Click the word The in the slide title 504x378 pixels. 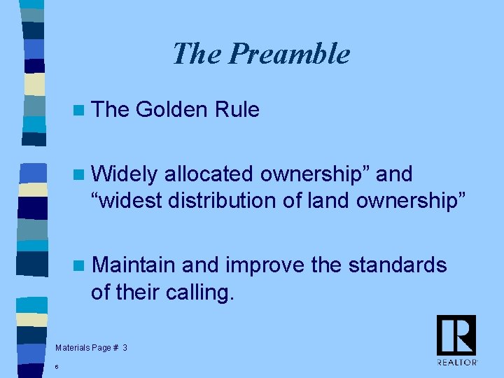coord(197,54)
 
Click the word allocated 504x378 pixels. coord(207,174)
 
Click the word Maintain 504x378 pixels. coord(134,265)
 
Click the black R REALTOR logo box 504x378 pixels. coord(456,335)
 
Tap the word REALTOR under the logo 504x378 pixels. coord(456,362)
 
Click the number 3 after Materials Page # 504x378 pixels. coord(125,347)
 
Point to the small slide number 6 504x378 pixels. coord(56,366)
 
